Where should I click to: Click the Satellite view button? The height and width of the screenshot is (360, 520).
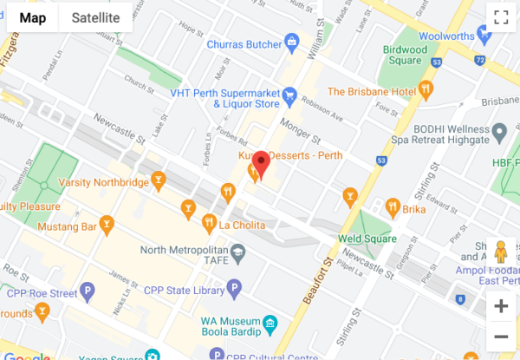coord(95,17)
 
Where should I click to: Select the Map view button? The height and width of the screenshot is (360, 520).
coord(33,17)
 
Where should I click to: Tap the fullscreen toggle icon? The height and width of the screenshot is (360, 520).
coord(500,17)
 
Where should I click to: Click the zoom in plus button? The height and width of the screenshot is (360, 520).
coord(500,306)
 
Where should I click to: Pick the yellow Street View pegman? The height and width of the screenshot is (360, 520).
coord(500,252)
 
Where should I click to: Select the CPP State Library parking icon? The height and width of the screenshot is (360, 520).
coord(233,289)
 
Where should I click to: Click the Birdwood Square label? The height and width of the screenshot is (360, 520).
coord(406,55)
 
